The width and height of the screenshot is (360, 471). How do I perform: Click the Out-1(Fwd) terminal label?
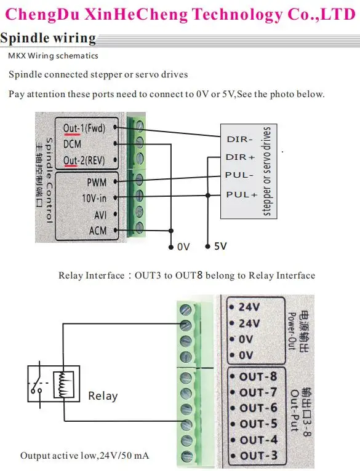(84, 129)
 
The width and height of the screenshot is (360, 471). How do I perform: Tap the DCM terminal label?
(72, 144)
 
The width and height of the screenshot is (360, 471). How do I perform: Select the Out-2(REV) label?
(84, 160)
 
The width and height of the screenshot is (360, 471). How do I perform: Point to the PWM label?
(97, 183)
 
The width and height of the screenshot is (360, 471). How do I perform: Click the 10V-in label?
(94, 198)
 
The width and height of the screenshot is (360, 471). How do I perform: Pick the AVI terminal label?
(100, 215)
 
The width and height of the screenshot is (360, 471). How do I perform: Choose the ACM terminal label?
(98, 231)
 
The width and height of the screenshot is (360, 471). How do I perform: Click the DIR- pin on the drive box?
(240, 140)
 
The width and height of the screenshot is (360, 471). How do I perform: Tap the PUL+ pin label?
(242, 195)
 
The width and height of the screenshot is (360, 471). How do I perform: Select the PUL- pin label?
(239, 175)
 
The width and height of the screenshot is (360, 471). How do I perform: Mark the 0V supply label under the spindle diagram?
(183, 247)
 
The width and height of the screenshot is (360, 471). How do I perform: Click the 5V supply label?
(220, 247)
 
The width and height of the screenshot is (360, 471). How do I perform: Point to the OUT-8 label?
(258, 377)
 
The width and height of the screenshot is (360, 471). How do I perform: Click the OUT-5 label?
(258, 424)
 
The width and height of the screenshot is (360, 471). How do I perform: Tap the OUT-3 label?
(258, 456)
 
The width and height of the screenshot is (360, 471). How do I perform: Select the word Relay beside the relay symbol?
(103, 396)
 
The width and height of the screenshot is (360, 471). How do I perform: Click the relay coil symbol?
(63, 385)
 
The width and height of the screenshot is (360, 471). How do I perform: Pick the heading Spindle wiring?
(48, 38)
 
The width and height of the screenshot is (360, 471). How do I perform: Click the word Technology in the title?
(238, 14)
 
